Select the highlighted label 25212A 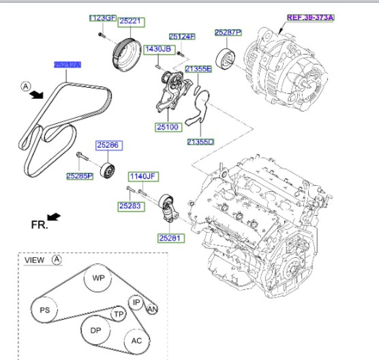67,65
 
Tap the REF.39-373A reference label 310,17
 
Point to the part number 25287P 228,33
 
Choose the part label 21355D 200,142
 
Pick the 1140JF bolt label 143,176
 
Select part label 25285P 80,176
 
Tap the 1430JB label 160,49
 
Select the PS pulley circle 45,310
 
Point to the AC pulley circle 136,340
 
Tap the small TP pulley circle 118,314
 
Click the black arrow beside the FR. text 54,217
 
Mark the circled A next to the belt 25,87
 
